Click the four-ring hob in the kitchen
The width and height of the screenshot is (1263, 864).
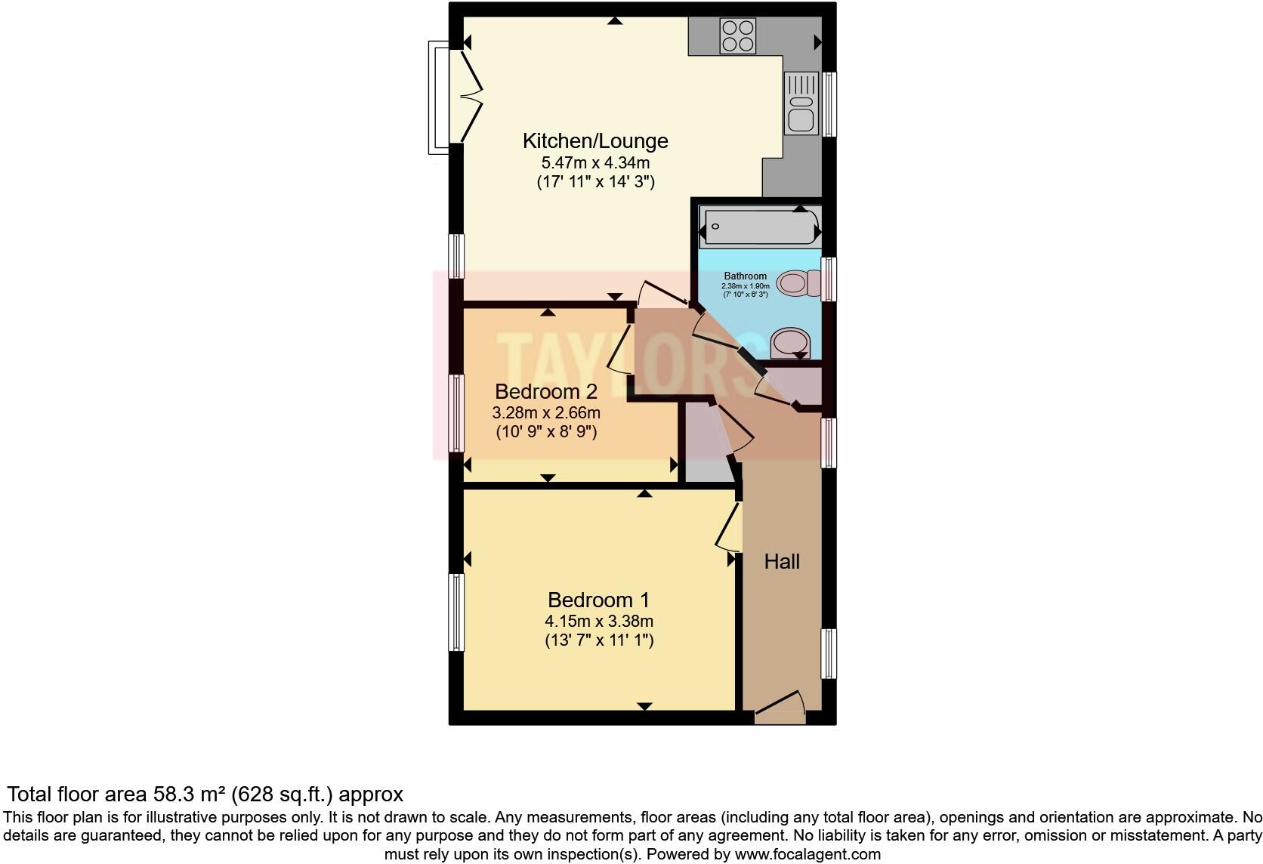coord(738,36)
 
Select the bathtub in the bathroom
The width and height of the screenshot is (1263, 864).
coord(760,226)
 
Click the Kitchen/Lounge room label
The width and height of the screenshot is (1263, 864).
coord(595,141)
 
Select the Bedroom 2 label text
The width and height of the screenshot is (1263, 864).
coord(545,392)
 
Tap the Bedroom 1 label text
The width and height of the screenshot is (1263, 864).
coord(598,600)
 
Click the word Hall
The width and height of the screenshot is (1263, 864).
coord(782,562)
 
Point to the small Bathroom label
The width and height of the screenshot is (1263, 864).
coord(745,276)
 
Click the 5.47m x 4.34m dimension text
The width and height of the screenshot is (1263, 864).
coord(595,162)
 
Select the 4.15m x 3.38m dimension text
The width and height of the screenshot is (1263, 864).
coord(598,622)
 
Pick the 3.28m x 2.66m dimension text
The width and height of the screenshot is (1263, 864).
coord(545,413)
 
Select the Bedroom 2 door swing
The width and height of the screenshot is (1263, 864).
coord(621,347)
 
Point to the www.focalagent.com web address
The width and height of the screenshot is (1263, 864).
coord(807,855)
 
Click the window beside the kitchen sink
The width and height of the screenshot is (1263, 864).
coord(829,104)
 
